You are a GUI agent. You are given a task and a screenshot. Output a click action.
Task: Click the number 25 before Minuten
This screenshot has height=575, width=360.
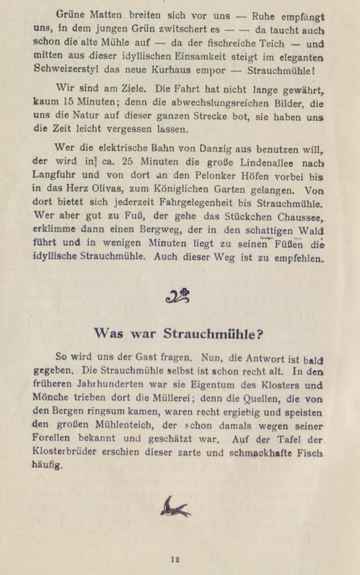click(127, 161)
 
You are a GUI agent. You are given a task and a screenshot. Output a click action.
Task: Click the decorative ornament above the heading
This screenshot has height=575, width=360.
click(178, 296)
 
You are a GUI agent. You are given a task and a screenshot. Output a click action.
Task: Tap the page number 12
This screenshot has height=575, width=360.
click(175, 559)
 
